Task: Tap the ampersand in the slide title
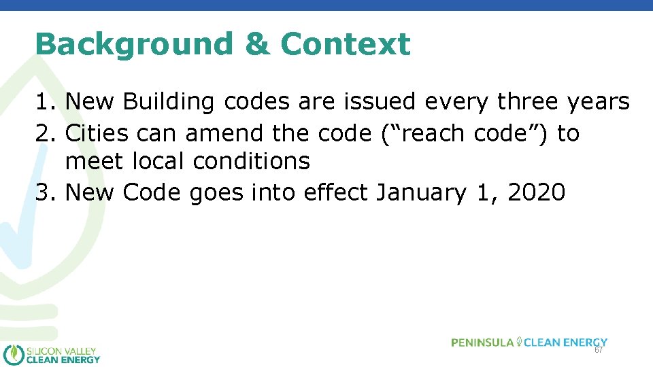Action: click(256, 45)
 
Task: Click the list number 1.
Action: click(45, 102)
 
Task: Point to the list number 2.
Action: click(45, 133)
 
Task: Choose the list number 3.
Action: click(45, 193)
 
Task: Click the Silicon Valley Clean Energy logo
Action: click(52, 354)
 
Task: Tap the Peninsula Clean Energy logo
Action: click(529, 342)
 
